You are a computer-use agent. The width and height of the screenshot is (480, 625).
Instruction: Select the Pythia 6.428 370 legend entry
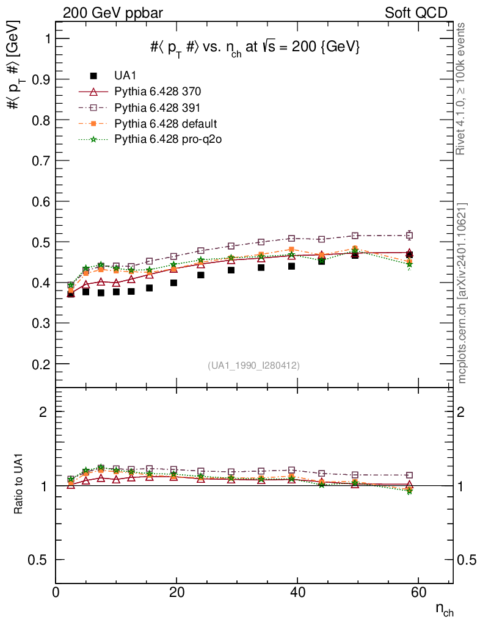click(158, 92)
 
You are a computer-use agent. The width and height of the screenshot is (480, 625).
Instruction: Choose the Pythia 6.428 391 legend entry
click(158, 107)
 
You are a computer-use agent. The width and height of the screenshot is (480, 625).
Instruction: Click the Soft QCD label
click(416, 13)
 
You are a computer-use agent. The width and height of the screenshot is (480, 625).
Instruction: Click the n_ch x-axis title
click(443, 610)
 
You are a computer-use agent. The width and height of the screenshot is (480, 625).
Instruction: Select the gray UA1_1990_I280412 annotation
click(253, 365)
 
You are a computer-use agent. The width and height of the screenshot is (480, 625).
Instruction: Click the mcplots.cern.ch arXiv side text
click(462, 293)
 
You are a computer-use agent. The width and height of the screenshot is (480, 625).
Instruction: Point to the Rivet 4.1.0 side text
click(462, 89)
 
